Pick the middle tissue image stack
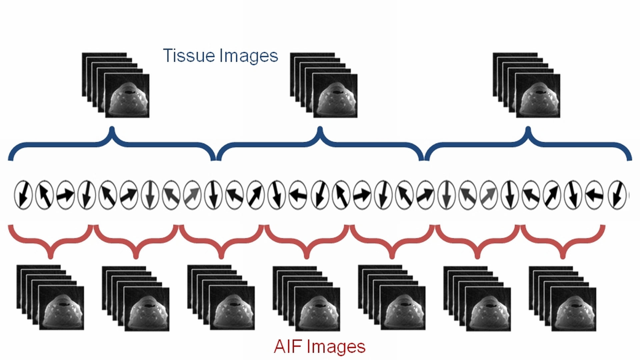tap(324, 85)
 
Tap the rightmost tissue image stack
tap(526, 85)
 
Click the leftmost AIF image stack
tap(50, 297)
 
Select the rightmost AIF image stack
tap(562, 298)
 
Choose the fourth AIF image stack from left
tap(306, 298)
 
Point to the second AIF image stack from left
tap(135, 298)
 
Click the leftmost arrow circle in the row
tap(23, 195)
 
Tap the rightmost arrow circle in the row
tap(617, 195)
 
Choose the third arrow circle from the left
tap(65, 195)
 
